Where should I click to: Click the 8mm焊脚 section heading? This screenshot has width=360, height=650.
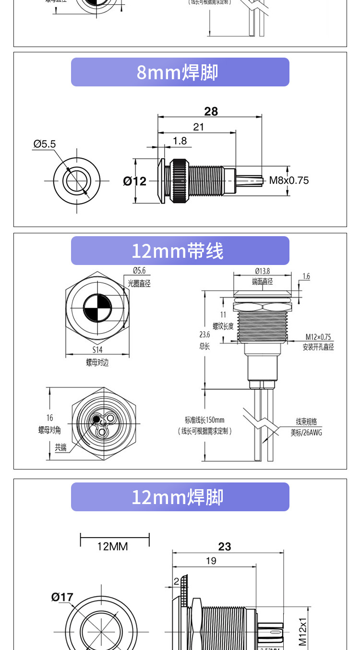tap(178, 72)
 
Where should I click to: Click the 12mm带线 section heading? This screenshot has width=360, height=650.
tap(178, 251)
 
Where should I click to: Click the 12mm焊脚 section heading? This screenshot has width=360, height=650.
tap(178, 497)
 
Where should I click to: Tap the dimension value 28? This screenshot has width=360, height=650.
tap(211, 111)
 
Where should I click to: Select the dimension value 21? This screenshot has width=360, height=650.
tap(198, 127)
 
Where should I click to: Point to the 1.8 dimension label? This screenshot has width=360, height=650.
tap(180, 141)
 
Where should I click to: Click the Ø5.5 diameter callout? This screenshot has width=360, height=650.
tap(45, 144)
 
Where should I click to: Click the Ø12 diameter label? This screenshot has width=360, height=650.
tap(134, 181)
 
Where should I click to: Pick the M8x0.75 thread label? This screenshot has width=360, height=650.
tap(288, 181)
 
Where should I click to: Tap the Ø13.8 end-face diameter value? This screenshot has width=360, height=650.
tap(262, 271)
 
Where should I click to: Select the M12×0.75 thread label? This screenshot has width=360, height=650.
tap(318, 337)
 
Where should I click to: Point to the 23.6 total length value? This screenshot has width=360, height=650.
tap(204, 335)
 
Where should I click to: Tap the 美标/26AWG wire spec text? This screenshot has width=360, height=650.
tap(306, 433)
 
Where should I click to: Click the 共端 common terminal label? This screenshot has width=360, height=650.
tap(60, 447)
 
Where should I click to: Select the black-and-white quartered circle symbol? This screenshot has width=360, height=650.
tap(97, 307)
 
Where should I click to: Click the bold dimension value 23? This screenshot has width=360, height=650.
tap(225, 547)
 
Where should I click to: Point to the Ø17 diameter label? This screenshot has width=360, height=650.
tap(62, 597)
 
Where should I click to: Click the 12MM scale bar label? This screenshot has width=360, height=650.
tap(113, 546)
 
